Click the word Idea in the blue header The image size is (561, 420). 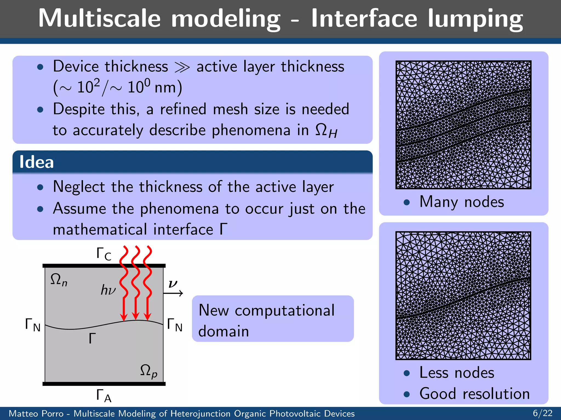point(36,162)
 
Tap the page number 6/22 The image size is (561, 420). point(542,413)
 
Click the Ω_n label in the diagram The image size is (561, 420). point(59,280)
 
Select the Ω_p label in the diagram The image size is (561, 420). point(148,371)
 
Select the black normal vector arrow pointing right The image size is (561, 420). point(173,293)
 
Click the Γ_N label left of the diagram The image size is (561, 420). point(33,325)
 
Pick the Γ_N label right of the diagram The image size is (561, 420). point(174,325)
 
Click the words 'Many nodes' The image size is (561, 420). point(462,202)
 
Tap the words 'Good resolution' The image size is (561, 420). point(474,394)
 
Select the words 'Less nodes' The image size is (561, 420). point(457,372)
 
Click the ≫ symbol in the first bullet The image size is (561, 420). point(182,67)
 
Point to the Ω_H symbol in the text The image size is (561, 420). point(326,131)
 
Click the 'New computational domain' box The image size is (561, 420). point(273,319)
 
